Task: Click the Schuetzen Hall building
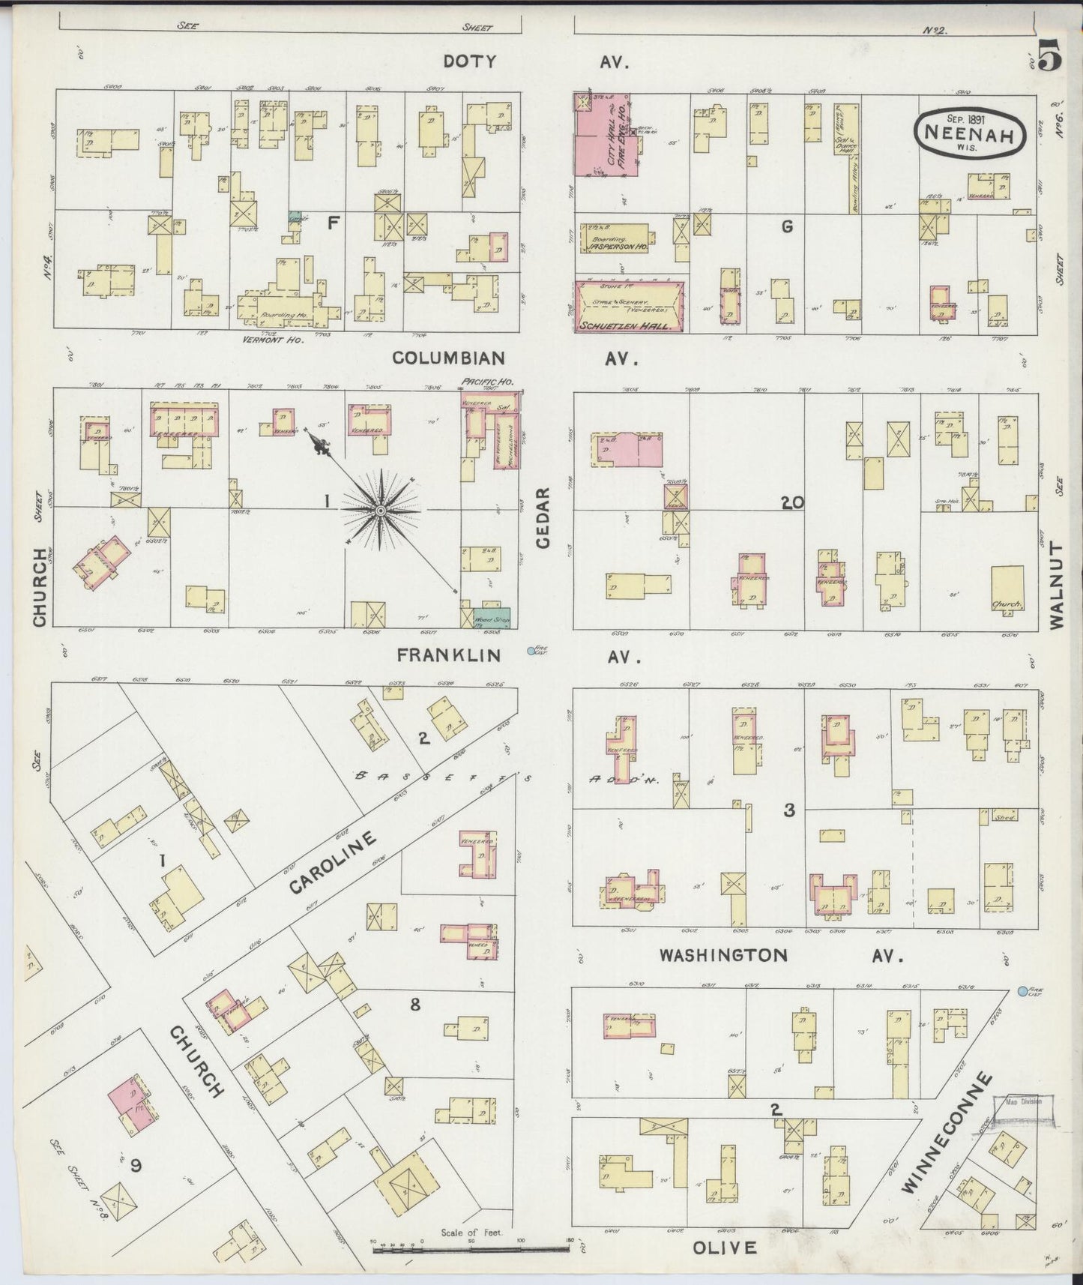pyautogui.click(x=629, y=306)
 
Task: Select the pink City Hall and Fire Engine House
pyautogui.click(x=606, y=135)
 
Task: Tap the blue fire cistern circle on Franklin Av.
pyautogui.click(x=531, y=651)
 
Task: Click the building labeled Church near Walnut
pyautogui.click(x=1007, y=590)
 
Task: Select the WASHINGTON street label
pyautogui.click(x=723, y=955)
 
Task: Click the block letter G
pyautogui.click(x=786, y=226)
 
